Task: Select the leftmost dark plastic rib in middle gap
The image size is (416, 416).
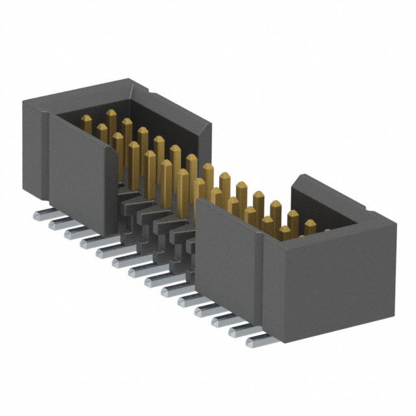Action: pos(127,195)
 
